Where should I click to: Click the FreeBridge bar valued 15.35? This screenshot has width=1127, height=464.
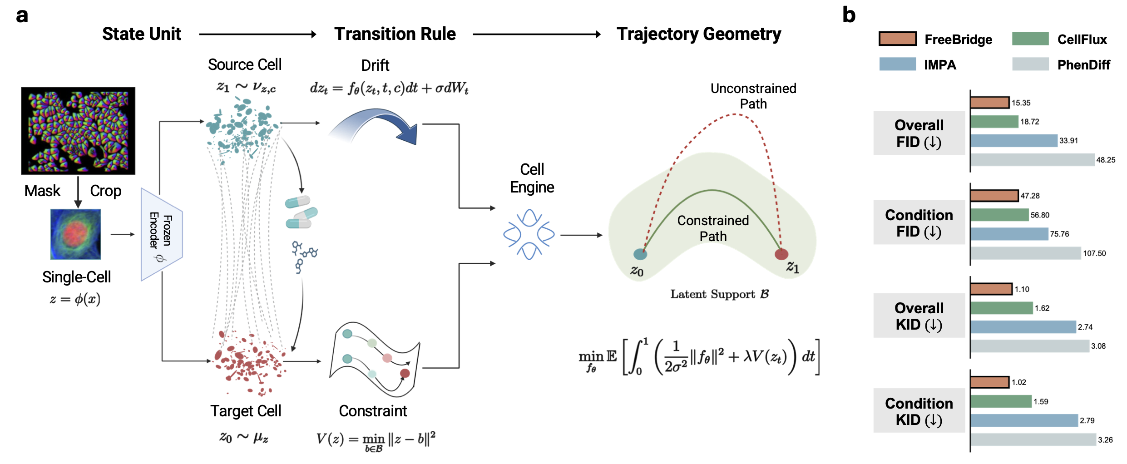tap(990, 103)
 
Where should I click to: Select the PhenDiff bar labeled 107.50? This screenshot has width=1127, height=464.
tap(1026, 253)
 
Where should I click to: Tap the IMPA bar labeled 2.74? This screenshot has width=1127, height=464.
tap(1023, 327)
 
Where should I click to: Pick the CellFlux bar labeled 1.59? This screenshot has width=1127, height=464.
tap(1001, 401)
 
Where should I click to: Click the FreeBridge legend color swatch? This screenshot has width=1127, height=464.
tap(897, 39)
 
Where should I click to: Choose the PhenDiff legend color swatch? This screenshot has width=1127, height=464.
tap(1030, 64)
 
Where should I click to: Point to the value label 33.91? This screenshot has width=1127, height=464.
tap(1068, 141)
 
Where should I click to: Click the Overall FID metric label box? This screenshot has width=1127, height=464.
tap(919, 133)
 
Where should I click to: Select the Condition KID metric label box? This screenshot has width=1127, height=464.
tap(919, 410)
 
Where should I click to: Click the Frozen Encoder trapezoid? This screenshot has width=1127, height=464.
tap(162, 234)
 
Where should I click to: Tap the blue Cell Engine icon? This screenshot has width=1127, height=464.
tap(529, 234)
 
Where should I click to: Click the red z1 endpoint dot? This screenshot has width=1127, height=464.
tap(781, 254)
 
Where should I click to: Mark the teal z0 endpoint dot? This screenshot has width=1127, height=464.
tap(640, 254)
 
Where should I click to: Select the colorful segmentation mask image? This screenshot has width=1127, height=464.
tap(78, 131)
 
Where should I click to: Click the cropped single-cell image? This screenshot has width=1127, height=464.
tap(75, 234)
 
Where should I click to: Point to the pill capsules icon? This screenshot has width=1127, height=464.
tap(301, 212)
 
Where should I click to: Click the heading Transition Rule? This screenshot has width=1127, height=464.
tap(395, 34)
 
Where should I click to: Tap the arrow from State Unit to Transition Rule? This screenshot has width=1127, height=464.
tap(258, 34)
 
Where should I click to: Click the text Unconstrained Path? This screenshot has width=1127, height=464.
tap(753, 96)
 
